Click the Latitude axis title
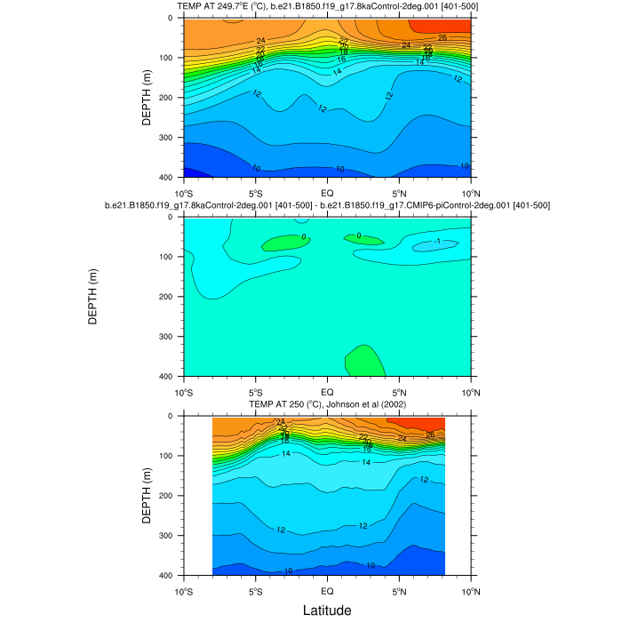tap(327, 610)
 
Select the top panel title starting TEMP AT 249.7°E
tap(327, 7)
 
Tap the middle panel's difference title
tap(327, 205)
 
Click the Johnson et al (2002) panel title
tap(327, 404)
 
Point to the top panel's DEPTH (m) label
tap(147, 98)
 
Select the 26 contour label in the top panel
tap(443, 38)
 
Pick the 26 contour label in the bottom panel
tap(430, 435)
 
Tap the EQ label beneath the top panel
tap(327, 193)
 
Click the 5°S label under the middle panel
tap(255, 392)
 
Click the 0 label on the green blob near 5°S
tap(303, 237)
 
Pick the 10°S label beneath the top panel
tap(184, 193)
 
